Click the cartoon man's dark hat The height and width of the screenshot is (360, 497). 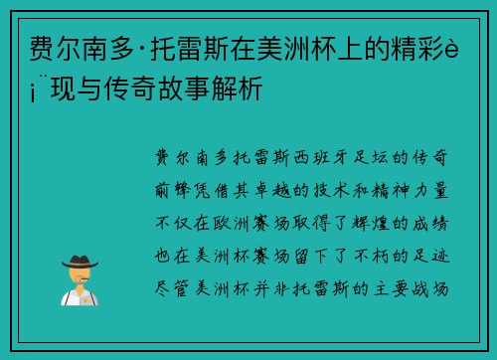[79, 262]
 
